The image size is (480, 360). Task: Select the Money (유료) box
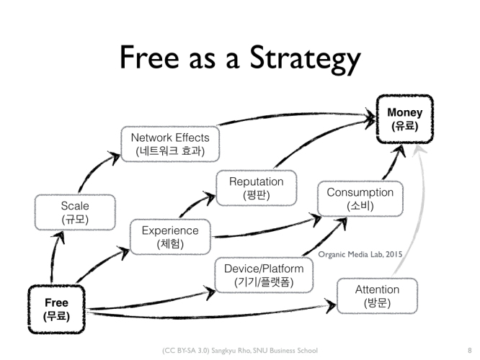pyautogui.click(x=405, y=120)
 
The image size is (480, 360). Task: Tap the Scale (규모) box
pyautogui.click(x=75, y=212)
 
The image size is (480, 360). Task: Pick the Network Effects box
pyautogui.click(x=170, y=144)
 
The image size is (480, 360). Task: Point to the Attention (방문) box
pyautogui.click(x=377, y=296)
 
